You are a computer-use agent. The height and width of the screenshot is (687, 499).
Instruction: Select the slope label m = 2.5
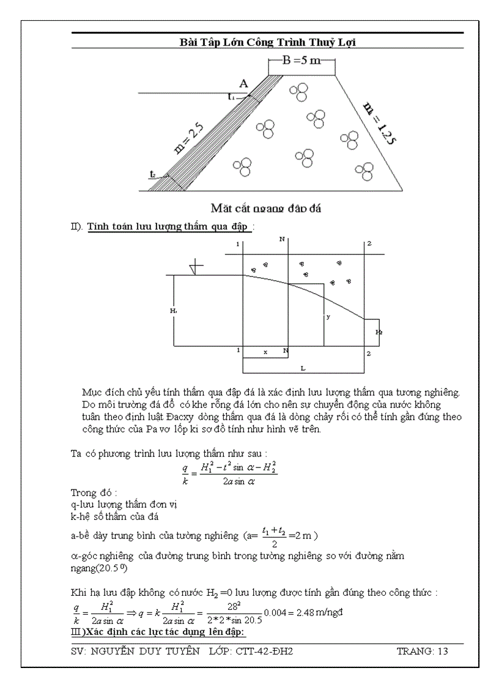point(189,137)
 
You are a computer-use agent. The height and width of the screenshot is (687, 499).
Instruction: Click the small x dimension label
point(265,352)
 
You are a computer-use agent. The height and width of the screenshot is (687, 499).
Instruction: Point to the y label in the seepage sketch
point(328,317)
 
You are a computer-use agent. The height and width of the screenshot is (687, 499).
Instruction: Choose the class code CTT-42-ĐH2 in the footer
point(264,652)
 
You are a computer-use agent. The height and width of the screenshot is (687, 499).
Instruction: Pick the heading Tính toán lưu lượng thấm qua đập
point(168,227)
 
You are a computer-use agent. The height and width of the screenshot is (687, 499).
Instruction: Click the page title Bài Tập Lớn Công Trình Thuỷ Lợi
point(267,42)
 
